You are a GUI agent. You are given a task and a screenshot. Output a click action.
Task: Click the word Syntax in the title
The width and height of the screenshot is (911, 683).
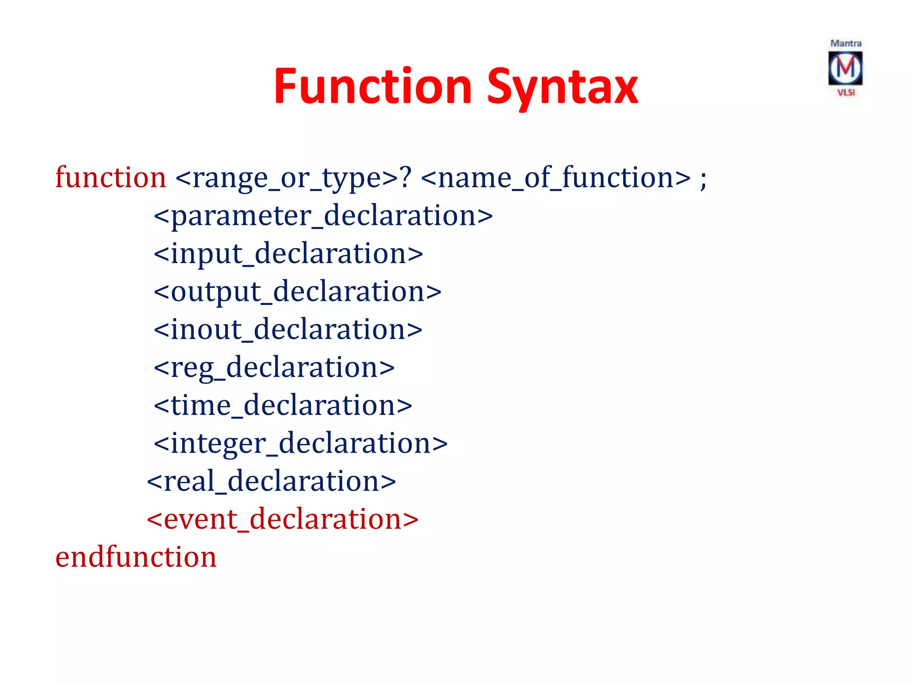click(562, 88)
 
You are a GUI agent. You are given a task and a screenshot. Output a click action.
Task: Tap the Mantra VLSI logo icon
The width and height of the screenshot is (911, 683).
click(845, 68)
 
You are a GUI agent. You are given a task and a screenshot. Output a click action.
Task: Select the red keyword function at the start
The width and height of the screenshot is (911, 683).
click(110, 177)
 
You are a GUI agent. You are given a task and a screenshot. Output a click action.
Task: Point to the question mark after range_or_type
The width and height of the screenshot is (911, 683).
click(406, 177)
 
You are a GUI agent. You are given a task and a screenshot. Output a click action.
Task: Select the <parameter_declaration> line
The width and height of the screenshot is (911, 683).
click(323, 216)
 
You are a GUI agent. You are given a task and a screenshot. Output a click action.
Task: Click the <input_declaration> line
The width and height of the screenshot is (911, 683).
click(288, 254)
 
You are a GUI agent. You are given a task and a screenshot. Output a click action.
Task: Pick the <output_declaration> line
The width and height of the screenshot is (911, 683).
click(297, 292)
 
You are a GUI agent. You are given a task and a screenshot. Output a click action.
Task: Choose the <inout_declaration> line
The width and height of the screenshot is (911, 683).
click(288, 330)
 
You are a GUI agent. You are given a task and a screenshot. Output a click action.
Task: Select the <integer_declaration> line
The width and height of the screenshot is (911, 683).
click(300, 444)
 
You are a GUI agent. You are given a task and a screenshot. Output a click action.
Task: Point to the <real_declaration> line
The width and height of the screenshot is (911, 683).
click(271, 482)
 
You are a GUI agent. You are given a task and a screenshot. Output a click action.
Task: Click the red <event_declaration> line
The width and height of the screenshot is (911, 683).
click(282, 519)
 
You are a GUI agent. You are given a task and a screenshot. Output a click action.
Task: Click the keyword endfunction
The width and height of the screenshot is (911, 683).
click(136, 557)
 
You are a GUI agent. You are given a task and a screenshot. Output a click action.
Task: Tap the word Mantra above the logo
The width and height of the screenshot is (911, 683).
click(846, 43)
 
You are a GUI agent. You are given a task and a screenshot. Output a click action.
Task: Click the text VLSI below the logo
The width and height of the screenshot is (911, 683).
click(846, 92)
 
